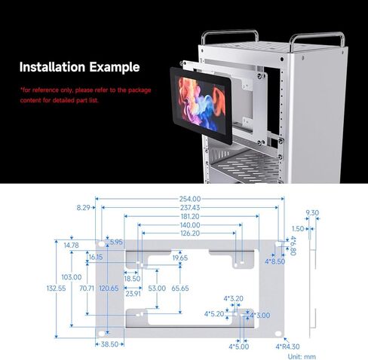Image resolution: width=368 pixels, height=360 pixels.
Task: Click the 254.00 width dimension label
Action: [x=190, y=199]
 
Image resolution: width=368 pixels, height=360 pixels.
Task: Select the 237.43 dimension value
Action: [x=190, y=208]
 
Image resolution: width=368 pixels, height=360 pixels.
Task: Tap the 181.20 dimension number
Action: [x=190, y=216]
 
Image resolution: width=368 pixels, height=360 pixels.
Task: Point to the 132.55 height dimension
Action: [x=56, y=288]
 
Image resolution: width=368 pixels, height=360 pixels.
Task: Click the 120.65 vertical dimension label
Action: [x=109, y=288]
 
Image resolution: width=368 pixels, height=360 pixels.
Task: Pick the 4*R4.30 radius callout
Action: [x=287, y=346]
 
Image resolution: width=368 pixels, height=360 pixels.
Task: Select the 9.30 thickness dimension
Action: [x=312, y=213]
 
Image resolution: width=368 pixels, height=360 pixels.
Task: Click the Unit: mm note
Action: [x=302, y=356]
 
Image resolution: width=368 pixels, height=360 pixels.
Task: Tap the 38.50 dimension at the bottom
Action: [x=109, y=344]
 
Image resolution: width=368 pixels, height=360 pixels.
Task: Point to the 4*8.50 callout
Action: [x=275, y=261]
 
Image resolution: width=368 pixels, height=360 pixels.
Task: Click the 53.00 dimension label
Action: [x=157, y=288]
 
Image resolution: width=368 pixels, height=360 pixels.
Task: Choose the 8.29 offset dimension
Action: [x=83, y=208]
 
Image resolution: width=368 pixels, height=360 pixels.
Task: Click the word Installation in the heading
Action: [x=52, y=67]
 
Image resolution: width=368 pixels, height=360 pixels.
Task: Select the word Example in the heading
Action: [x=115, y=67]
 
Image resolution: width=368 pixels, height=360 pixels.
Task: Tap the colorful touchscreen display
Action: [x=201, y=105]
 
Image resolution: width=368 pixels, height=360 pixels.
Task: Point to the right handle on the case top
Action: [x=317, y=40]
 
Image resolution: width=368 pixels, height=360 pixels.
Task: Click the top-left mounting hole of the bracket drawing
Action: [x=101, y=243]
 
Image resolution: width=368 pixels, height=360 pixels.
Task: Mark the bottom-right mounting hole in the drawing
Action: [x=278, y=334]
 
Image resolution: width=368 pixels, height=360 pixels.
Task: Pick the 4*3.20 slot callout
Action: [x=234, y=298]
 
